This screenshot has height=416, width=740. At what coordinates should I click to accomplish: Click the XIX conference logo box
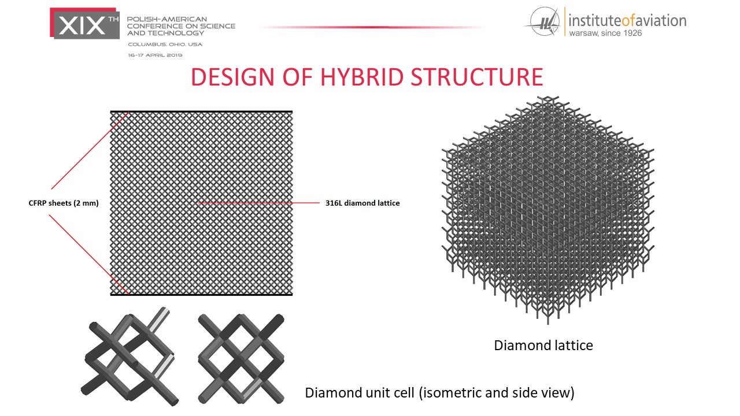(84, 24)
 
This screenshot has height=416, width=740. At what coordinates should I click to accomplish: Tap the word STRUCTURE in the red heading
(477, 77)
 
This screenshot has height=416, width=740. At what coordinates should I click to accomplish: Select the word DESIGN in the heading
(233, 77)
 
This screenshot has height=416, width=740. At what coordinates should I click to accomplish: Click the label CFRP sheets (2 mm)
(64, 203)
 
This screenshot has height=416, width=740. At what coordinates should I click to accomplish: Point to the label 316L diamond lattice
(362, 203)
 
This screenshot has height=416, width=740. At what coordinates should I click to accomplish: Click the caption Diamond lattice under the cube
(543, 346)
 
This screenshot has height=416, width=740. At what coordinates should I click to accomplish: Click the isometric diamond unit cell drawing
(130, 356)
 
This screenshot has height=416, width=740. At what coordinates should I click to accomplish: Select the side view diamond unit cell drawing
(241, 359)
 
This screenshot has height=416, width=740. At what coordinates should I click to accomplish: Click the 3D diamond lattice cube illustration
(548, 210)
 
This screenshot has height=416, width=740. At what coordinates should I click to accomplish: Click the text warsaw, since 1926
(605, 33)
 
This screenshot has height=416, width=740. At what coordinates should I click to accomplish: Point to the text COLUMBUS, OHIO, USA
(165, 44)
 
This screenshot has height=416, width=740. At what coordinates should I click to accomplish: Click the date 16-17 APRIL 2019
(155, 55)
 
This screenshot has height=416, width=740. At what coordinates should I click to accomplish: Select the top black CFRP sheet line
(201, 112)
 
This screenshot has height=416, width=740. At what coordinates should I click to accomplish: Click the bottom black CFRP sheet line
(201, 294)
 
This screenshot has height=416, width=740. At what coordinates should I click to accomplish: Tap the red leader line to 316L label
(259, 203)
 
